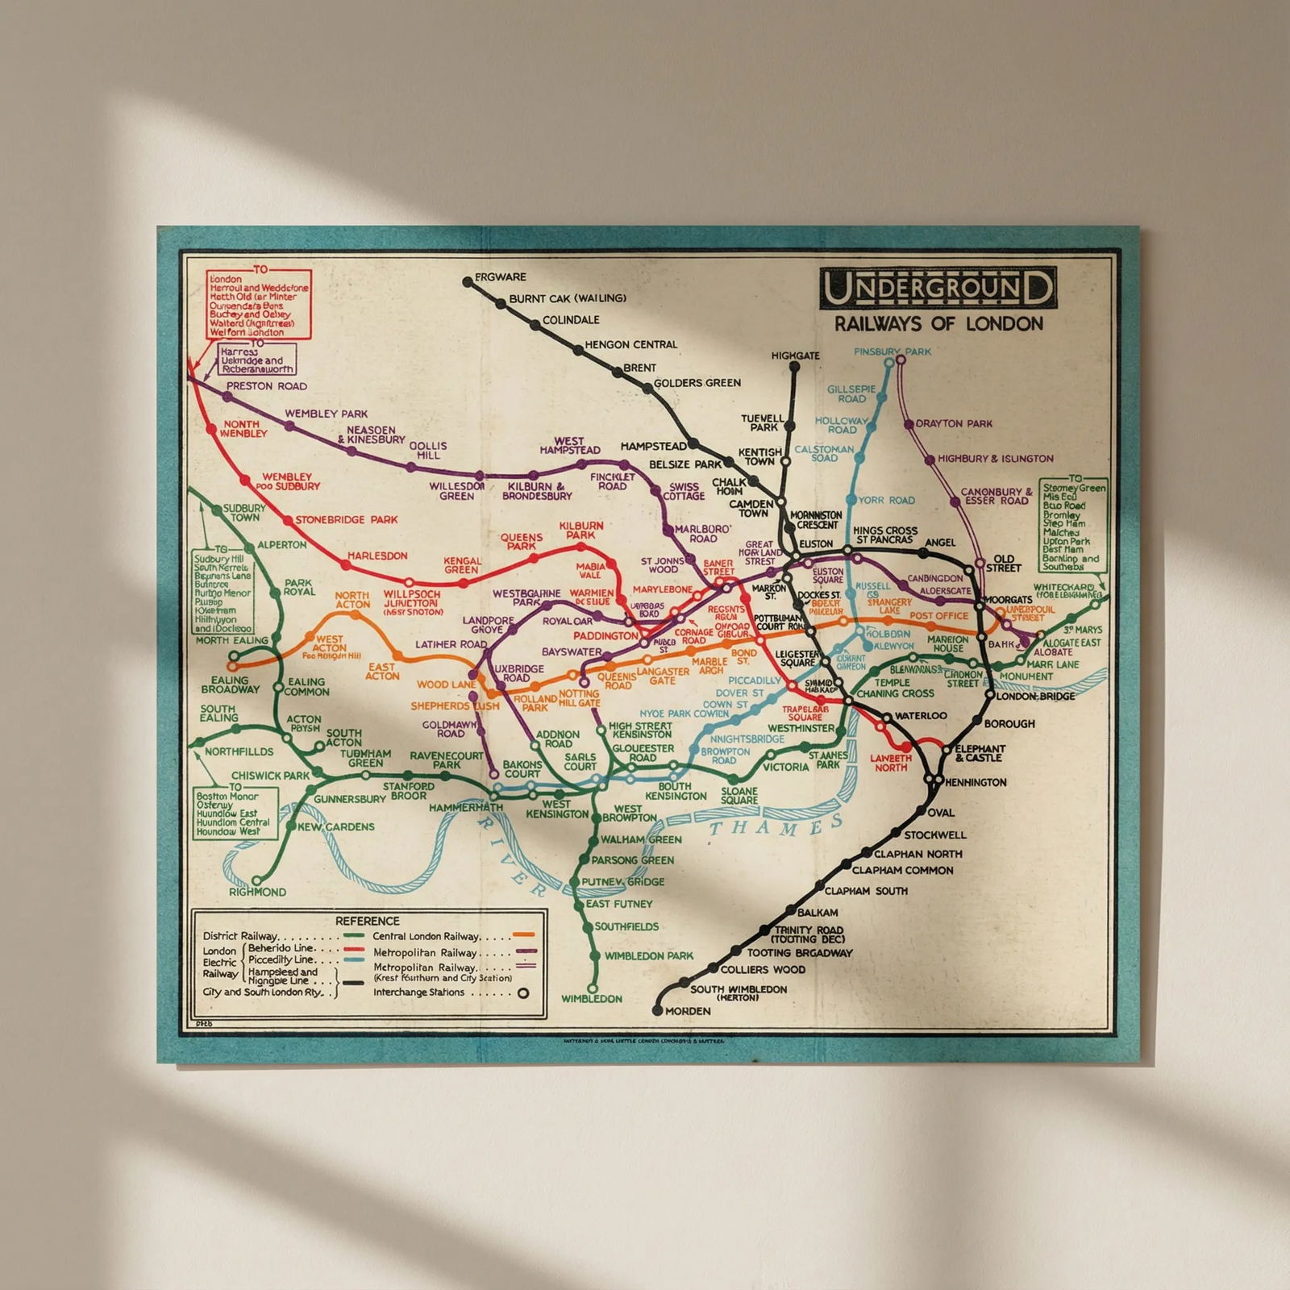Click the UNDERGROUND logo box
[x=938, y=288]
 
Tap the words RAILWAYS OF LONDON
[x=938, y=324]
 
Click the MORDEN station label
[x=689, y=1011]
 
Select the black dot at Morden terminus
[x=657, y=1010]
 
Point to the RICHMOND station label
[x=257, y=892]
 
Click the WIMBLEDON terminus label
[x=592, y=999]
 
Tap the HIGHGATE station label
[x=795, y=356]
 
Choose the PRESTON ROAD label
[x=266, y=386]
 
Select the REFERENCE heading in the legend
[x=368, y=921]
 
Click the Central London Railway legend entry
[x=426, y=936]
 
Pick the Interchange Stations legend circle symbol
[x=522, y=993]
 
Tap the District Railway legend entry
[x=240, y=936]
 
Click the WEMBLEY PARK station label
[x=326, y=414]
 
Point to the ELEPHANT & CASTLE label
[x=980, y=753]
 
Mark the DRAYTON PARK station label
[x=954, y=423]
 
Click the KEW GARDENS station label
[x=336, y=826]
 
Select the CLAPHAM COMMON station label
[x=902, y=870]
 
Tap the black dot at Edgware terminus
[x=468, y=281]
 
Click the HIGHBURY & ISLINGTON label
[x=995, y=459]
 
